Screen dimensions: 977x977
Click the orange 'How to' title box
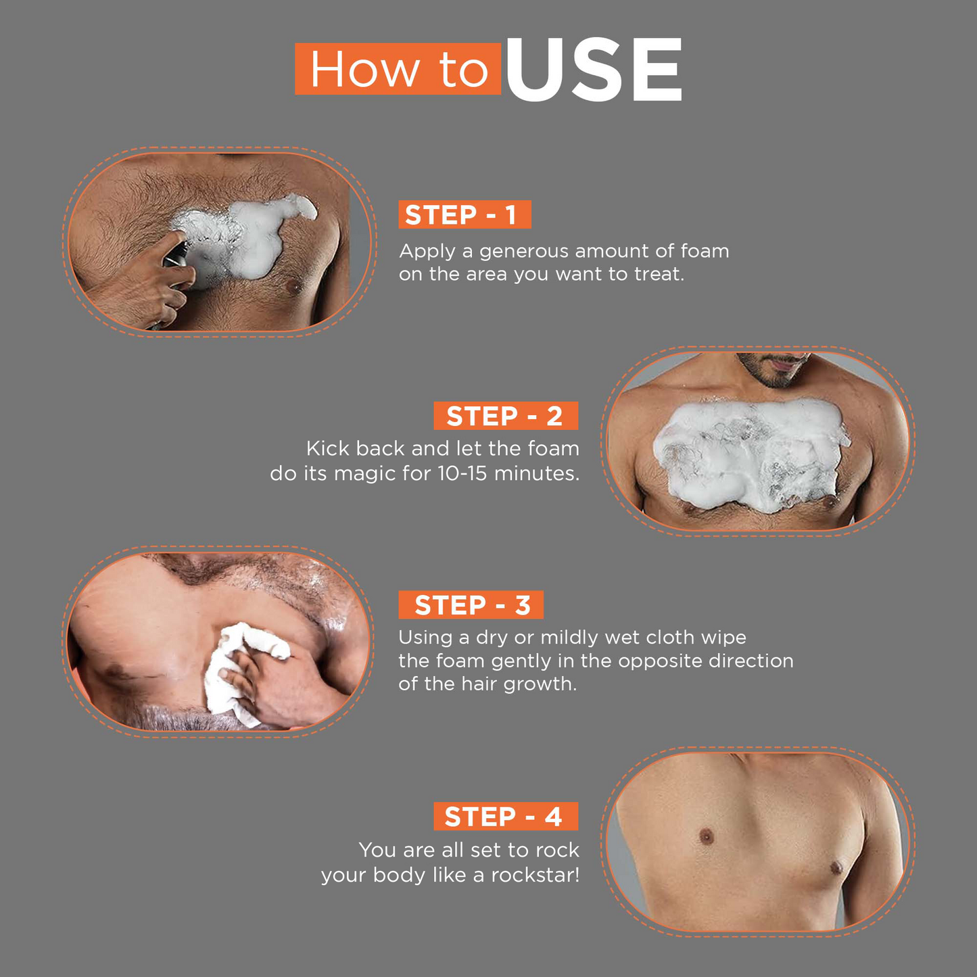click(x=398, y=70)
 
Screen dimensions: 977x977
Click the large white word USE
click(x=593, y=70)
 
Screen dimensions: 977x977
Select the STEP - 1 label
click(x=464, y=215)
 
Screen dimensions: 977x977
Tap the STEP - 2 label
click(x=506, y=416)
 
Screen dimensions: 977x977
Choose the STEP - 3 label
click(x=471, y=605)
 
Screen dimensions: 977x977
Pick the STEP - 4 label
click(x=506, y=817)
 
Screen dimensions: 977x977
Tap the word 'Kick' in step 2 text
click(x=328, y=449)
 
